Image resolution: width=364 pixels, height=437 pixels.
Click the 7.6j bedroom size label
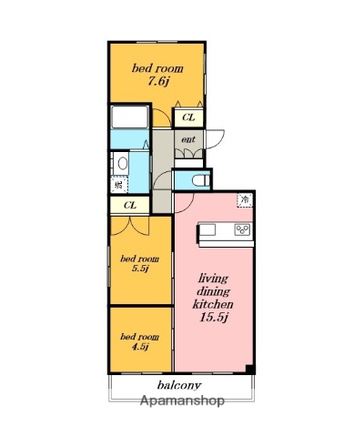point(157,81)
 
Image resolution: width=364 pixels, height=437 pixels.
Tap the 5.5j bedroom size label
point(140,269)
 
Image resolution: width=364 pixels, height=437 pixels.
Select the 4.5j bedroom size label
point(140,346)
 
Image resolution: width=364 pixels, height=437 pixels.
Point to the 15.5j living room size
point(214,317)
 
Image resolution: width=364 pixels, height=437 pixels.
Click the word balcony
point(179,385)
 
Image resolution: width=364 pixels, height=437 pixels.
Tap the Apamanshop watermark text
point(182,401)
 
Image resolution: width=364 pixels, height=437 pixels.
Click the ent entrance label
point(188,139)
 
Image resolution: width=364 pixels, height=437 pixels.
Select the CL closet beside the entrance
point(188,117)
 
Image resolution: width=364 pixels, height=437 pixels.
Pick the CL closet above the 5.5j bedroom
point(130,206)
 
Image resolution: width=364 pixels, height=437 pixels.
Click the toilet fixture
point(201,180)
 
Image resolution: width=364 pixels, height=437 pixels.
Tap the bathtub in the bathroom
point(129,117)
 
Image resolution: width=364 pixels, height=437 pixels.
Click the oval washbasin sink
point(123,164)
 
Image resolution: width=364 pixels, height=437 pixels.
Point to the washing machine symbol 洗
point(119,184)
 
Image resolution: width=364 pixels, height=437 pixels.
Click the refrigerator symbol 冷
point(245,200)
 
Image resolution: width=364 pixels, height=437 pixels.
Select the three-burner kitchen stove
point(243,229)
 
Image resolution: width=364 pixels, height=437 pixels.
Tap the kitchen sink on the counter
point(207,229)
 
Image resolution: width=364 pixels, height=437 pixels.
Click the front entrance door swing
point(215,139)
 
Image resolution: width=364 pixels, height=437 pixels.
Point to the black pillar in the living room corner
point(249,369)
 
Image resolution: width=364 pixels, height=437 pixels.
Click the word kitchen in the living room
point(213,304)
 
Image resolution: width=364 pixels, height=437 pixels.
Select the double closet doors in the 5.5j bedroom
point(130,226)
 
